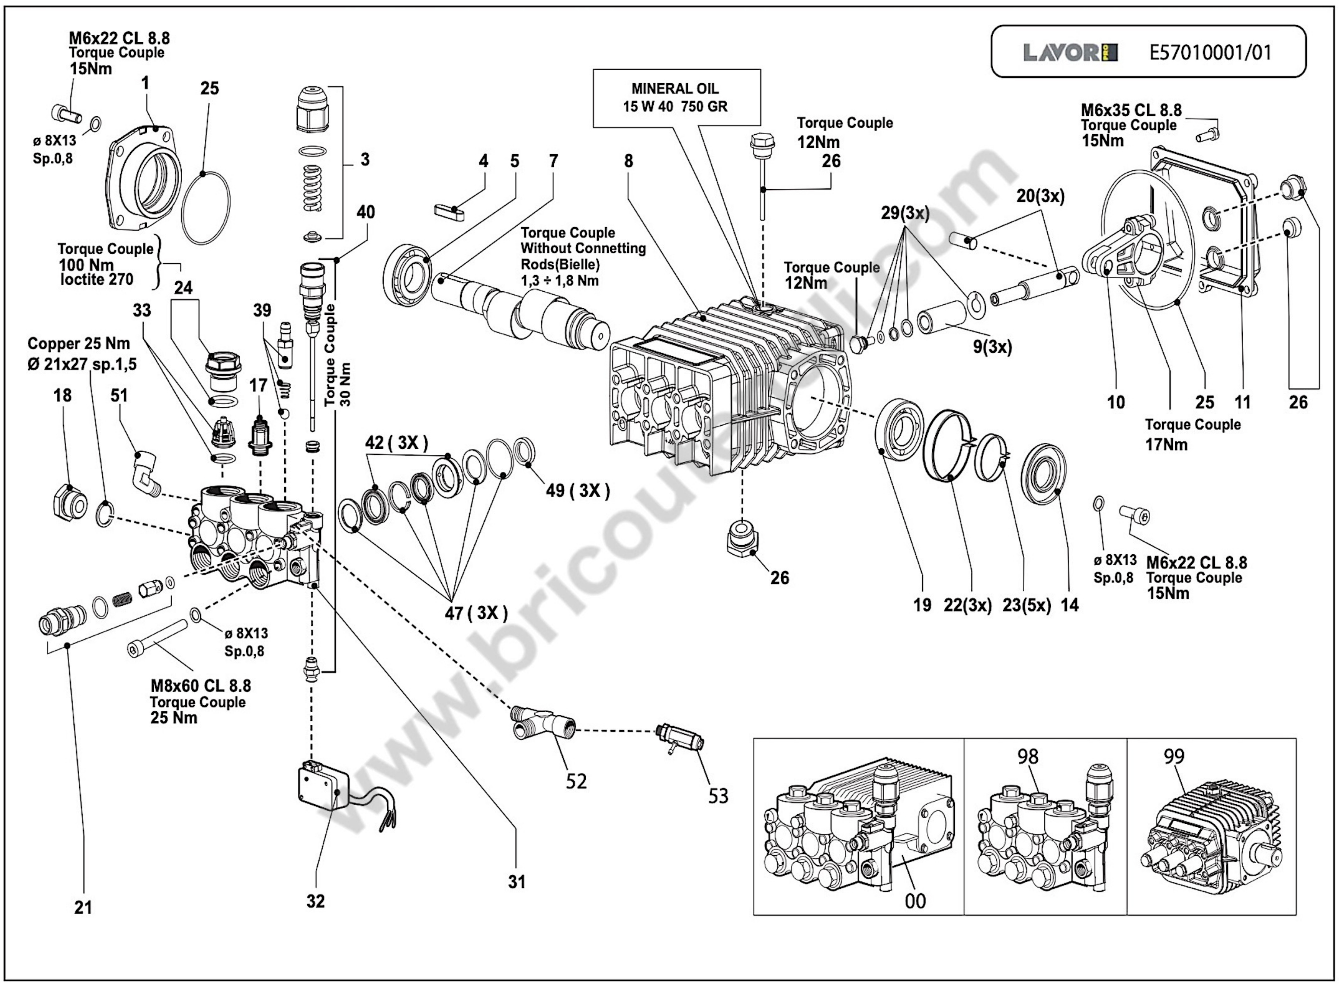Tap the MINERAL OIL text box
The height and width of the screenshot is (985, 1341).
tap(676, 98)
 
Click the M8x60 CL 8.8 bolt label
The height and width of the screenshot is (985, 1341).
tap(200, 686)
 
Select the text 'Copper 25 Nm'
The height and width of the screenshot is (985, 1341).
tap(78, 344)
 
